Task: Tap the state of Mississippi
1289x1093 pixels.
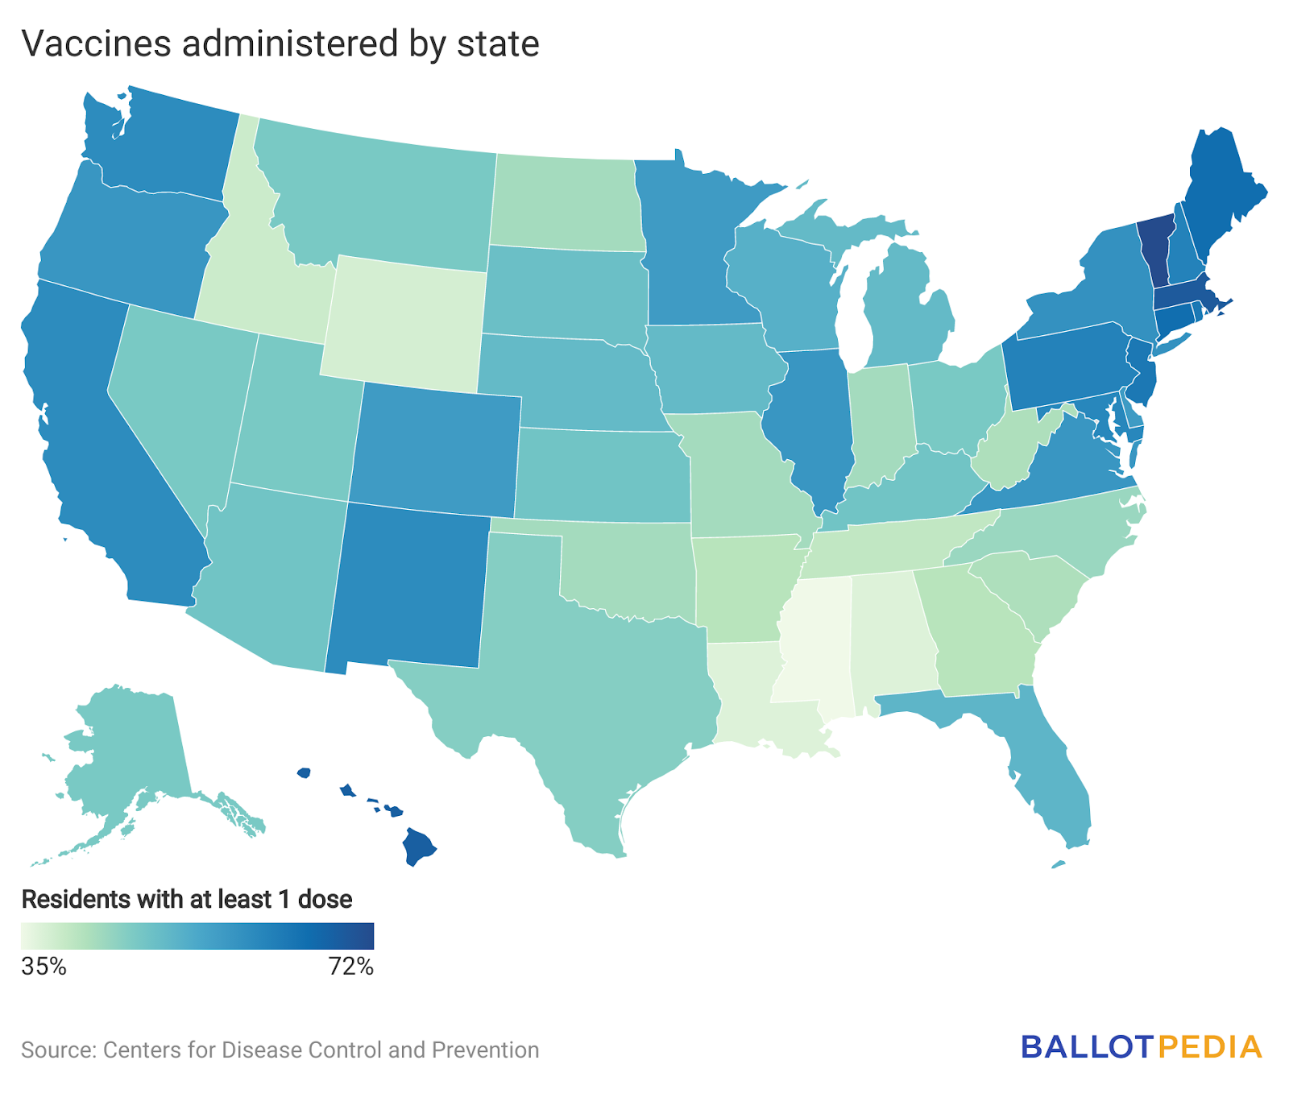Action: (x=814, y=644)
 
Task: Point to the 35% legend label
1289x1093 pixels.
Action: (x=44, y=967)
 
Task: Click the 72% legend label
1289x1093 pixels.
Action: (x=351, y=967)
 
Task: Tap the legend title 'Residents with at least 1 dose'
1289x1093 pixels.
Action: (x=187, y=899)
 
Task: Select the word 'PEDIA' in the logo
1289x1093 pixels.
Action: (x=1210, y=1046)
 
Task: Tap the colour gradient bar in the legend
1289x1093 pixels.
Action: (x=197, y=936)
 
